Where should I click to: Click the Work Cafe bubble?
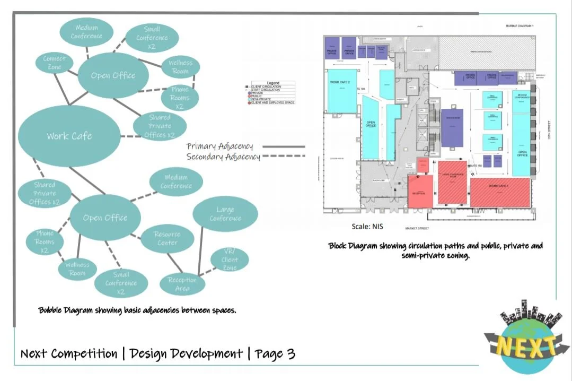69,136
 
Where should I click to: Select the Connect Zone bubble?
55,63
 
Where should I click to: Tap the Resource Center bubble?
167,238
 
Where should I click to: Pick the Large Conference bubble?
225,214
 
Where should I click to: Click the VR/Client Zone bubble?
230,260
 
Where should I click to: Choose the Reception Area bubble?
182,284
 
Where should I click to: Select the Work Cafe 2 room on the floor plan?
341,90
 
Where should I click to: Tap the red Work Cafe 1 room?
500,192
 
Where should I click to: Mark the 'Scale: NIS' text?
367,227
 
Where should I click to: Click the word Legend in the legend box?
273,83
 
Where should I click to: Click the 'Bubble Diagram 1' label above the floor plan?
520,26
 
